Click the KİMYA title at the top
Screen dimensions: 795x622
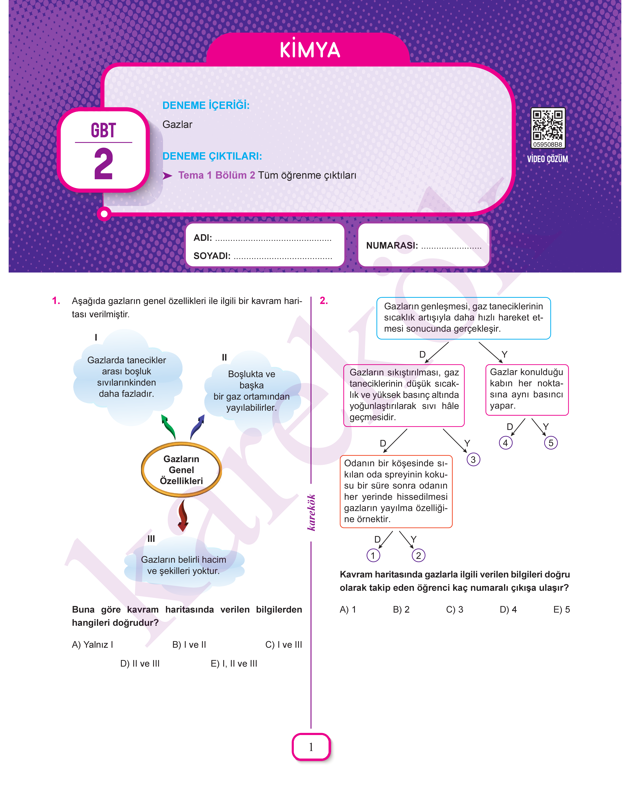tap(310, 50)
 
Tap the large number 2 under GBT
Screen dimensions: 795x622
tap(103, 164)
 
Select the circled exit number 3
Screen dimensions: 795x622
tap(473, 460)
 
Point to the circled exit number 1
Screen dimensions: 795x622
tap(373, 555)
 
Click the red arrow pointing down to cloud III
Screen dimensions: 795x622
tap(183, 515)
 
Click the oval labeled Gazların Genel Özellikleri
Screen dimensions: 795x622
tap(181, 470)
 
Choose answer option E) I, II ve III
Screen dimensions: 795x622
tap(234, 664)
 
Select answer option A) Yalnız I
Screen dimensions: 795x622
tap(93, 645)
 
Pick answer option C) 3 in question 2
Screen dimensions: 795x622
tap(454, 610)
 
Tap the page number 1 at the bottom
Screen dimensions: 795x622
tap(311, 747)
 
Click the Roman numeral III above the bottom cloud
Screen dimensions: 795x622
tap(151, 539)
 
